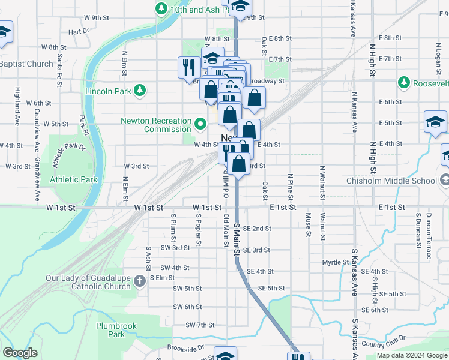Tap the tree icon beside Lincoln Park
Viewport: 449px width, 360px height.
click(x=140, y=91)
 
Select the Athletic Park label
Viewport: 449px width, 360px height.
click(x=73, y=179)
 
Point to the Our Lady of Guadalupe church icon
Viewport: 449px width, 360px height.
click(x=139, y=281)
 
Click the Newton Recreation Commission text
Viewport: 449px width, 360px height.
click(x=156, y=125)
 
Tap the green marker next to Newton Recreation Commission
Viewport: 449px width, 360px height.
click(x=200, y=125)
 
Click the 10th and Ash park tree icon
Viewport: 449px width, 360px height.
click(x=161, y=8)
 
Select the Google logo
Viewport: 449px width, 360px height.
click(x=20, y=353)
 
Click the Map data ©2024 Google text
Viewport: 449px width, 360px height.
click(x=411, y=355)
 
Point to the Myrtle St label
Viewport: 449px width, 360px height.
click(x=335, y=262)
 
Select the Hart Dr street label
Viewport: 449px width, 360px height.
click(x=79, y=31)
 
